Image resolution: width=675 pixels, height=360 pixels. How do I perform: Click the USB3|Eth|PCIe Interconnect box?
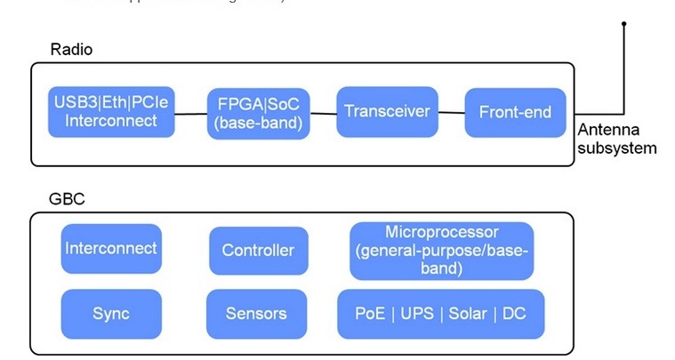[x=110, y=111]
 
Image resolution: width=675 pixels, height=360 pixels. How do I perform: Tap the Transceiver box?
[x=388, y=111]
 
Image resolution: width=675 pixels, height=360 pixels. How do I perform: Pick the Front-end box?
[x=515, y=112]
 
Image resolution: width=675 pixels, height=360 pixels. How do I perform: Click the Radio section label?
[x=72, y=50]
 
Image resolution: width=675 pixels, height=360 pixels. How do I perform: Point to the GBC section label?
[x=67, y=199]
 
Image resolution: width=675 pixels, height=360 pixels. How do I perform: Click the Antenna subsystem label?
[x=616, y=139]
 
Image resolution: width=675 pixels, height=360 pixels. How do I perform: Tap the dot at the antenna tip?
[x=624, y=24]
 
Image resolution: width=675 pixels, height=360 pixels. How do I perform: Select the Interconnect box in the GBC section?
[x=111, y=249]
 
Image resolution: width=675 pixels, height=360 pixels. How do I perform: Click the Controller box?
[x=258, y=251]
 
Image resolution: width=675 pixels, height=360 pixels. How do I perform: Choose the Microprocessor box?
[x=442, y=249]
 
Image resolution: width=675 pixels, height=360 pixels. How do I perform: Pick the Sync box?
[x=111, y=314]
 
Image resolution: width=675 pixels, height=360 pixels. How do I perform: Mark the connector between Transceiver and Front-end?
[x=452, y=112]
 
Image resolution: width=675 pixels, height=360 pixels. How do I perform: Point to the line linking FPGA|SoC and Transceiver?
[x=324, y=112]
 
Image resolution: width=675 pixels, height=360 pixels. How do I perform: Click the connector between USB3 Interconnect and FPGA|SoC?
[x=189, y=113]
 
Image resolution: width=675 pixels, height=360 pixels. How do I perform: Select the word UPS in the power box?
[x=416, y=314]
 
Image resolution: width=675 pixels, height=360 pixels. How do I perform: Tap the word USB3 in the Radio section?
[x=69, y=102]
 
